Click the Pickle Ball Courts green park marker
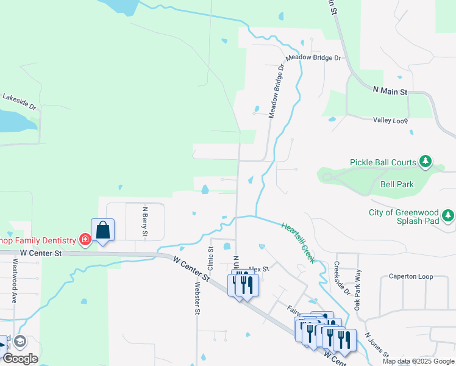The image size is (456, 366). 426,162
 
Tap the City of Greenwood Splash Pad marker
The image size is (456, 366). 449,215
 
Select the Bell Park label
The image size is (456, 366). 397,184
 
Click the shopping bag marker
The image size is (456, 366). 102,231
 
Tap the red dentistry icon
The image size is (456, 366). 85,240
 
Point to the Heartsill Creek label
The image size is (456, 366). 298,242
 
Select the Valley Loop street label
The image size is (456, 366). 390,120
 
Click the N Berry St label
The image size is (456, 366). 145,221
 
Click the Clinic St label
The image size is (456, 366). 211,258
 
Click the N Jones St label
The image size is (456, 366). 377,345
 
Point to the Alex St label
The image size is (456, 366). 258,268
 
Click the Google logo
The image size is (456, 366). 20,358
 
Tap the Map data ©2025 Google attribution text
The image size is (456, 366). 418,361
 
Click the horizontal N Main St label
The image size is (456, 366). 390,91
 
